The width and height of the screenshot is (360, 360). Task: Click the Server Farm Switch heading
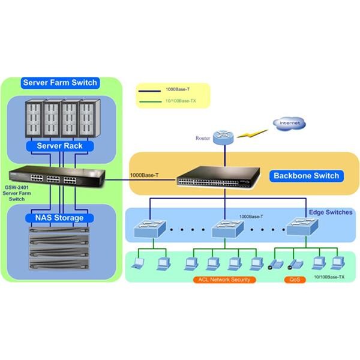click(59, 82)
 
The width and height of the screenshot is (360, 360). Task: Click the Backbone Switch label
click(306, 176)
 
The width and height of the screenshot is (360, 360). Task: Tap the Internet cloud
click(289, 124)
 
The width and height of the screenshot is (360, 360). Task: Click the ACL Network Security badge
click(224, 280)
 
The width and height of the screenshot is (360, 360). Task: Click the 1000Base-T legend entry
click(176, 89)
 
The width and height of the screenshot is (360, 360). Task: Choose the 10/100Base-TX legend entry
click(180, 101)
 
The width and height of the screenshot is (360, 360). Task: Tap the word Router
click(203, 139)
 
